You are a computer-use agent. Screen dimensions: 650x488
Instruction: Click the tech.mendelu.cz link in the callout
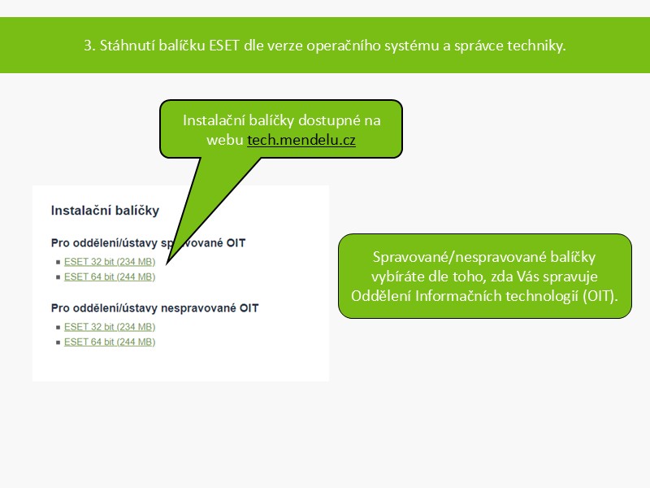coord(301,140)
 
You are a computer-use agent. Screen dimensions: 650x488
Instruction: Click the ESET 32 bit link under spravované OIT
coord(110,262)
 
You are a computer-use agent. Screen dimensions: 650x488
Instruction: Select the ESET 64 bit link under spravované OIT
coord(110,277)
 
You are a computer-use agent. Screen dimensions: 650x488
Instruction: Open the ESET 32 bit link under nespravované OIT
coord(110,327)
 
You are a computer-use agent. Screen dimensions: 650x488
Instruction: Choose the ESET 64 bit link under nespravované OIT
coord(110,342)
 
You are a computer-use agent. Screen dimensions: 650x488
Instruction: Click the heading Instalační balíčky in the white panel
coord(105,211)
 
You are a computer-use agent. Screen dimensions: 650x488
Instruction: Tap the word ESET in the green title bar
coord(224,46)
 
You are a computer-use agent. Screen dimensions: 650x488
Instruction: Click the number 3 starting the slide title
coord(88,46)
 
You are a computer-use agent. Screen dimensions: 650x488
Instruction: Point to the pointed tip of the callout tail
coord(167,264)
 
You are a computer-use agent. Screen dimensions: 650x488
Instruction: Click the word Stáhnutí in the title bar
coord(127,46)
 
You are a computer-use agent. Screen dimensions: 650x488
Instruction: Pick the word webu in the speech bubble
coord(225,140)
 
